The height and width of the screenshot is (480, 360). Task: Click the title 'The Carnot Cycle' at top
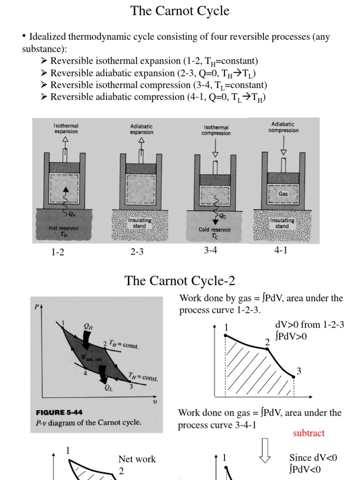point(180,11)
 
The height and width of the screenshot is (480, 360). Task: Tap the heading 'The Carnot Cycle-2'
point(180,281)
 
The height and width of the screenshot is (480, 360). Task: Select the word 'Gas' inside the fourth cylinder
point(283,193)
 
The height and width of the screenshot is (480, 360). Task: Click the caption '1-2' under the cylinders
point(58,252)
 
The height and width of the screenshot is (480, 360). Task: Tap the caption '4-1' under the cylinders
point(281,250)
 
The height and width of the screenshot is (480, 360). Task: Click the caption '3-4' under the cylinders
point(210,250)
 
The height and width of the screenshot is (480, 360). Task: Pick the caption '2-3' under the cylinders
point(137,252)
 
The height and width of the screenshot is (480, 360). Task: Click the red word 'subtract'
point(308,433)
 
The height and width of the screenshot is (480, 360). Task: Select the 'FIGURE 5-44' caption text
point(59,413)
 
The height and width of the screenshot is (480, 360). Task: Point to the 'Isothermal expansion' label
point(66,129)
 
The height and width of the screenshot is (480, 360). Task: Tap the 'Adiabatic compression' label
point(284,127)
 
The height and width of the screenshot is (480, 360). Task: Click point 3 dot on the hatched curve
point(293,376)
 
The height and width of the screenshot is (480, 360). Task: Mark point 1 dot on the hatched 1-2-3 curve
point(225,335)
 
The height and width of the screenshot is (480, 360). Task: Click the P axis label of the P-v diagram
point(37,307)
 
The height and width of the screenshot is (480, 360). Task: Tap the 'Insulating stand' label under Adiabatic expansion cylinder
point(139,223)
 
